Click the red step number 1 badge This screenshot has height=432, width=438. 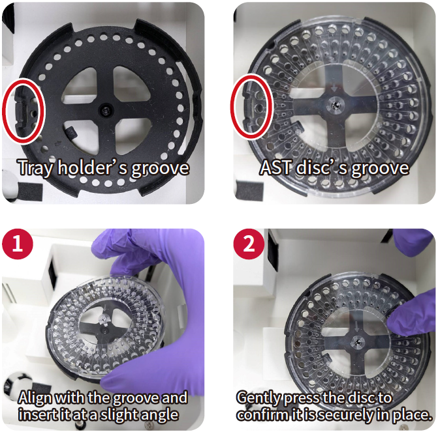point(18,244)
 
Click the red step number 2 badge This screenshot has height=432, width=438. point(249,244)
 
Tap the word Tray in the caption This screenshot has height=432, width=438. point(35,168)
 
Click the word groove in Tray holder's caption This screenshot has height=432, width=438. point(160,169)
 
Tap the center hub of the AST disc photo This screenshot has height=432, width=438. point(336,105)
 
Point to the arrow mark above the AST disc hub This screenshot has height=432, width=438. point(334,89)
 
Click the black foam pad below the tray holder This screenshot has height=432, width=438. point(30,192)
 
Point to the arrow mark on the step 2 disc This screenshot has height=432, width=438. point(356,326)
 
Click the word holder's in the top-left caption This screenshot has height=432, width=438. point(93,168)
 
